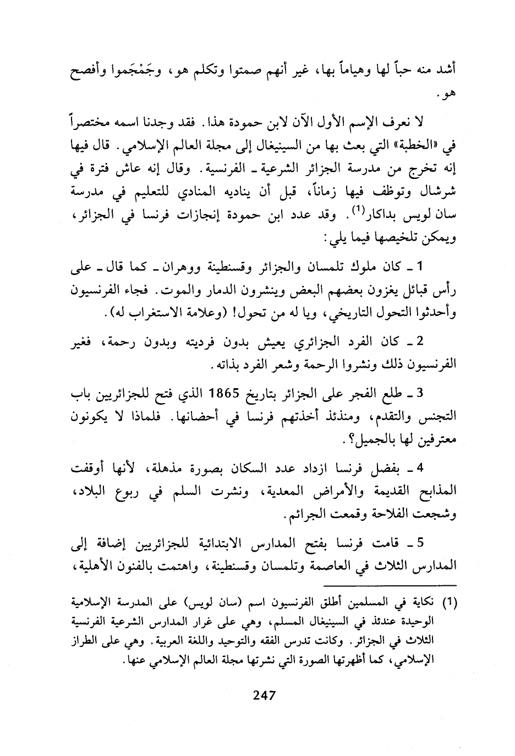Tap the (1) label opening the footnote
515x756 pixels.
coord(450,603)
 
